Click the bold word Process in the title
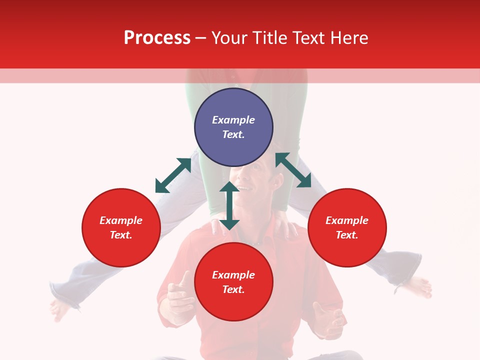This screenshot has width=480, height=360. (x=157, y=38)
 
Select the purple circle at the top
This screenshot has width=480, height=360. (x=233, y=127)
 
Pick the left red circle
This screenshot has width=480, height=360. (x=121, y=227)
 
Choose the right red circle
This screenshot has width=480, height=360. (x=347, y=227)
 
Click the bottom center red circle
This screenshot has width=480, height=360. (x=233, y=281)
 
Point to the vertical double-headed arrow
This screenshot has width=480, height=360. (x=229, y=205)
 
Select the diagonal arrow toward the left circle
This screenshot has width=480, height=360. (x=173, y=175)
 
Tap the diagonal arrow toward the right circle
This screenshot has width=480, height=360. (x=293, y=170)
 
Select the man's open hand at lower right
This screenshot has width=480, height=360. (x=327, y=320)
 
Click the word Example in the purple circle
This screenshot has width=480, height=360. (x=233, y=120)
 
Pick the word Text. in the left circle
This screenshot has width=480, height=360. (x=121, y=235)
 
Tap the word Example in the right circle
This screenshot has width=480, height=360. (x=347, y=220)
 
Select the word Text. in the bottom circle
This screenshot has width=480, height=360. (x=233, y=289)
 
